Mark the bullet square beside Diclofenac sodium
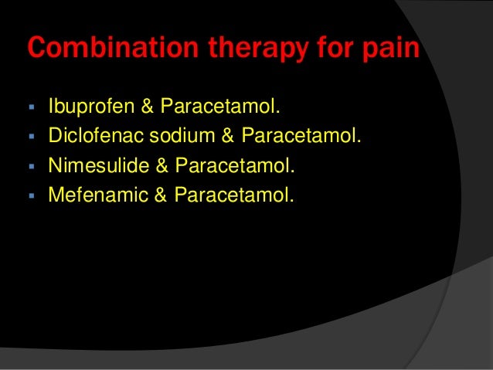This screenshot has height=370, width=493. pyautogui.click(x=32, y=137)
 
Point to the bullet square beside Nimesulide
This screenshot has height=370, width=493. pyautogui.click(x=32, y=165)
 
